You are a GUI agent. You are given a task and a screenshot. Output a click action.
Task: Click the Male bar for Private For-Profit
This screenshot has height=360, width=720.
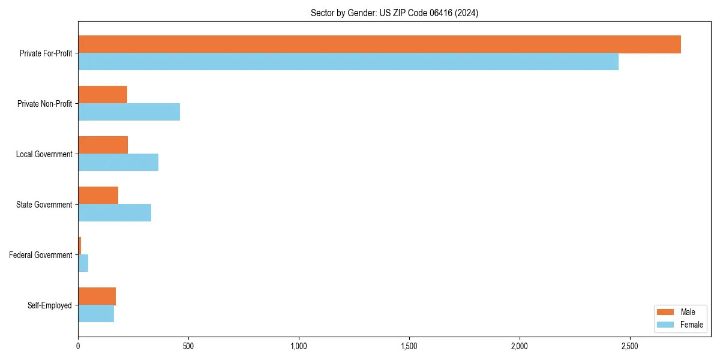(379, 44)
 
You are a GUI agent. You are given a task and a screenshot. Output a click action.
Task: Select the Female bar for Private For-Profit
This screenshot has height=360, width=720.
(348, 62)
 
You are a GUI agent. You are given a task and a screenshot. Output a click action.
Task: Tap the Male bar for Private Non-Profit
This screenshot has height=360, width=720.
(103, 95)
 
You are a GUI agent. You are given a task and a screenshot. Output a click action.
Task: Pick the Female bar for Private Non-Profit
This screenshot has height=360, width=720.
(129, 112)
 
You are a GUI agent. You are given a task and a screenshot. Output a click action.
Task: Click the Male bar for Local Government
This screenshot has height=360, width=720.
(103, 145)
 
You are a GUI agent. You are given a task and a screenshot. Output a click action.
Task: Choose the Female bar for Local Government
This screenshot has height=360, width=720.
(118, 163)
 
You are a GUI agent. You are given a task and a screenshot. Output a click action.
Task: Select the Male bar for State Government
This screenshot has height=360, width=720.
(98, 196)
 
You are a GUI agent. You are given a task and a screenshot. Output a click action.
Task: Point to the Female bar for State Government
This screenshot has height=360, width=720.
(115, 213)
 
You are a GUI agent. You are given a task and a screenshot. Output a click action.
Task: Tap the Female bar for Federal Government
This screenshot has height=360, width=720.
(83, 263)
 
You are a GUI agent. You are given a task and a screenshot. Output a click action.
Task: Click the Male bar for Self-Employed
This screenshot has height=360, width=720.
(97, 296)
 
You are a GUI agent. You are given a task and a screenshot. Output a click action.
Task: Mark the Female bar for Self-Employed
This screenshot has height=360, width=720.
(96, 314)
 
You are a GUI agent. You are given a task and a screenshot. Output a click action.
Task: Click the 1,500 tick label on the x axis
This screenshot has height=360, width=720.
(409, 346)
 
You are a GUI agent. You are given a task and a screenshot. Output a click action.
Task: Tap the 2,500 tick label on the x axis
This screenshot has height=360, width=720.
(629, 346)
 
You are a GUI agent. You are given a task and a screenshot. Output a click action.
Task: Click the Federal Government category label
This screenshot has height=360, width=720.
(41, 255)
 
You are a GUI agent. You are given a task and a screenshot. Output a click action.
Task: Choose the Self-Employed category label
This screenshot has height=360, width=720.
(50, 305)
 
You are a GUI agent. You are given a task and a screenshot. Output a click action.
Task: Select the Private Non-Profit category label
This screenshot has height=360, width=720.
(44, 104)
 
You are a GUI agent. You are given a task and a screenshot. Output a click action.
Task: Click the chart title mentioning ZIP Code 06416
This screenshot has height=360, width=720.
(394, 13)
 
